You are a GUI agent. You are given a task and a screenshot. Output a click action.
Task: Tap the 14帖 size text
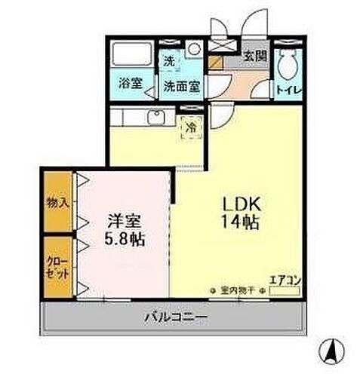[x=240, y=223]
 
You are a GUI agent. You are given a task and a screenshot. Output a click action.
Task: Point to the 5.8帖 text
[x=125, y=241]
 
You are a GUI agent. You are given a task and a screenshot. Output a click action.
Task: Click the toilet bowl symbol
[x=287, y=66]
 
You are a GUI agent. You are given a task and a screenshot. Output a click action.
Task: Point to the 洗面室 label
[x=181, y=85]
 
